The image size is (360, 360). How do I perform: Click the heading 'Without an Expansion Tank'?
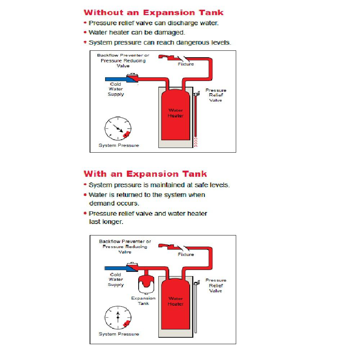click(x=153, y=13)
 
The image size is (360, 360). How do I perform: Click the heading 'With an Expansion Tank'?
click(x=145, y=174)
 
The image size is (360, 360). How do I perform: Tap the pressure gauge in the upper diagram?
click(x=118, y=128)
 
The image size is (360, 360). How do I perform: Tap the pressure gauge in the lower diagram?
click(x=118, y=317)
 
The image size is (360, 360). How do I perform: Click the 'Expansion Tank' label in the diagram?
click(x=143, y=301)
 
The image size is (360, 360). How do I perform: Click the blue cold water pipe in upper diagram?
click(x=115, y=79)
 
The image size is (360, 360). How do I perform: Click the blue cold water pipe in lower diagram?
click(x=115, y=268)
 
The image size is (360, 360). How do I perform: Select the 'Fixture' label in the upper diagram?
click(x=186, y=64)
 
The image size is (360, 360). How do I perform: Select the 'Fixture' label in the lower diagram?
click(x=186, y=255)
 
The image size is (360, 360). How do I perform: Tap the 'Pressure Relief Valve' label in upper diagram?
click(x=216, y=95)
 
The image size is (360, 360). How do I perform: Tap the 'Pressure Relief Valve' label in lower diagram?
click(x=216, y=285)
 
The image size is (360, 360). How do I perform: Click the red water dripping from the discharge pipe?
click(x=196, y=142)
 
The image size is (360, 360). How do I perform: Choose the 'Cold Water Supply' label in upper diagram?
click(x=116, y=89)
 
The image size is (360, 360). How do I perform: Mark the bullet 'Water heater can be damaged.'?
click(x=137, y=32)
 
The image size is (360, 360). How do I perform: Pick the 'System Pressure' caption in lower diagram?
click(x=119, y=334)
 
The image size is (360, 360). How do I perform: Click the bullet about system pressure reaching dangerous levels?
click(x=159, y=42)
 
